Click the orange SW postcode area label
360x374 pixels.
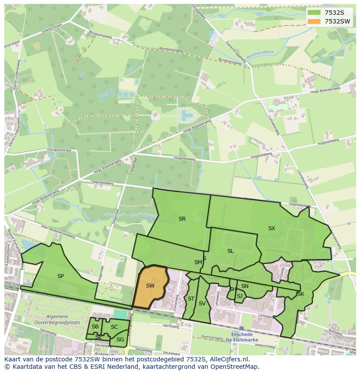(150, 286)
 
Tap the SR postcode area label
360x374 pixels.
(182, 219)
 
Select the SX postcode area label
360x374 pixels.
(271, 228)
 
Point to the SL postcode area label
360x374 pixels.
(230, 251)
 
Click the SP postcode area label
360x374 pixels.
(60, 276)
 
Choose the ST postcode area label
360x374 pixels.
(191, 298)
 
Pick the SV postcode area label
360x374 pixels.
(202, 304)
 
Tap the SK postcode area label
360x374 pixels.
(300, 294)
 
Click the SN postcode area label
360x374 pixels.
(245, 286)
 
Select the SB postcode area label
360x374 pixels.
(95, 327)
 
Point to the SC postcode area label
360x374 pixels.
(114, 327)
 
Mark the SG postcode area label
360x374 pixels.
(120, 340)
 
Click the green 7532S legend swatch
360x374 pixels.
(313, 13)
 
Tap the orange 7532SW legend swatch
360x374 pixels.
(313, 21)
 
